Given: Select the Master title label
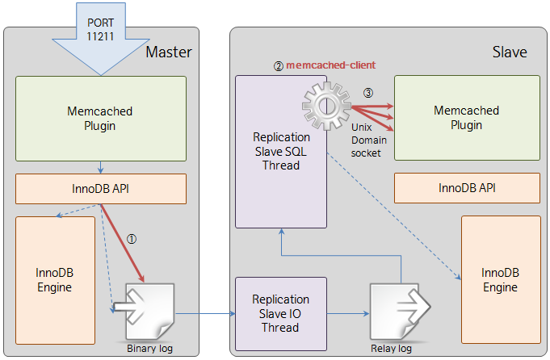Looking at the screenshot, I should click(x=168, y=52).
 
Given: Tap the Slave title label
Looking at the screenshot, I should click(x=510, y=52).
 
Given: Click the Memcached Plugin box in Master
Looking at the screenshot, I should click(x=101, y=118).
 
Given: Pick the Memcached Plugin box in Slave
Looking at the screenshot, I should click(x=466, y=118).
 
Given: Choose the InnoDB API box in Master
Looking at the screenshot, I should click(x=101, y=189).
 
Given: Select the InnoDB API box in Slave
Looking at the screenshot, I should click(x=466, y=189).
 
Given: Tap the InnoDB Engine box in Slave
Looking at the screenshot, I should click(x=500, y=280).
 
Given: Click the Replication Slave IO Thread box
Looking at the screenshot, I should click(x=280, y=313).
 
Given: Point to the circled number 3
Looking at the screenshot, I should click(x=369, y=93).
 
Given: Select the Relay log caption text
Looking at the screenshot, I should click(x=391, y=349).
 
